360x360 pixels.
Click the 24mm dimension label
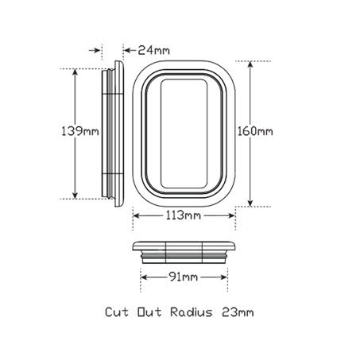(x=153, y=50)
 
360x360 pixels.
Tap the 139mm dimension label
(x=80, y=131)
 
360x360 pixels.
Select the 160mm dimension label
(x=255, y=131)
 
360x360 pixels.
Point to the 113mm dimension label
(x=184, y=215)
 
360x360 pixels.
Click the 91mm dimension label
(x=183, y=277)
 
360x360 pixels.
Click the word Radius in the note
(x=192, y=312)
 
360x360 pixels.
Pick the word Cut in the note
(x=117, y=312)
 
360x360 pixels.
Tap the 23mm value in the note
(x=238, y=312)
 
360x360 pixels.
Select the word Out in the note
(x=149, y=312)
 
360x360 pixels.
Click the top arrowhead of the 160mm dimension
(x=250, y=64)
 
